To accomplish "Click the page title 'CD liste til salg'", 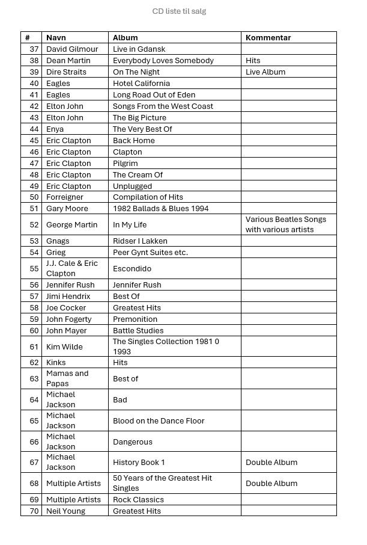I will click(x=179, y=11).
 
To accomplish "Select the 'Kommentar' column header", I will click(x=268, y=37).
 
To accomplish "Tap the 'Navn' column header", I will click(x=56, y=37).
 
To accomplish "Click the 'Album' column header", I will click(x=125, y=37).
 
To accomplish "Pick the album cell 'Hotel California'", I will click(x=141, y=84).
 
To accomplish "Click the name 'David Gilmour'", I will click(x=72, y=49).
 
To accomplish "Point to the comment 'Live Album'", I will click(x=265, y=72).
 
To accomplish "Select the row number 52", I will click(x=34, y=225).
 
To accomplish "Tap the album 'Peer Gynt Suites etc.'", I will click(x=150, y=253).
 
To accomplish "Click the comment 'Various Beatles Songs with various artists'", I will click(x=286, y=224).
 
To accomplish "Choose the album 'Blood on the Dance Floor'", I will click(x=159, y=421).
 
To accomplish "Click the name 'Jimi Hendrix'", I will click(x=68, y=297).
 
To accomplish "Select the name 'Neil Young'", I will click(x=65, y=511).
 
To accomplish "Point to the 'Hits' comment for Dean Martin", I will click(x=253, y=61).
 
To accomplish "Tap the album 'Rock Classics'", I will click(x=138, y=500).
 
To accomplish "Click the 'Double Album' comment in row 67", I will click(x=271, y=463).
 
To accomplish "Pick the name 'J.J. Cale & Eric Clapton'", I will click(x=71, y=268).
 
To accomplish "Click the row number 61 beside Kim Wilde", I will click(x=34, y=347).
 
